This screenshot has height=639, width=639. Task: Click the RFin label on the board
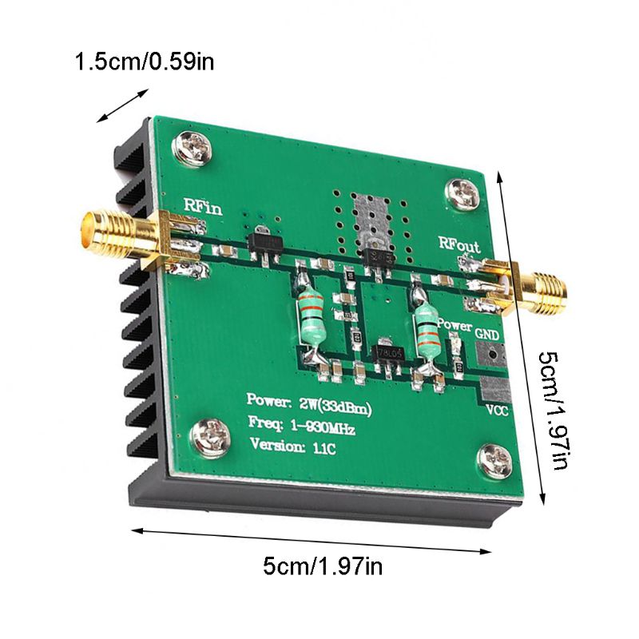[202, 204]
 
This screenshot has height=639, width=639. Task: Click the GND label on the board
[487, 333]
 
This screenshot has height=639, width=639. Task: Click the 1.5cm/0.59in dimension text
[144, 61]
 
